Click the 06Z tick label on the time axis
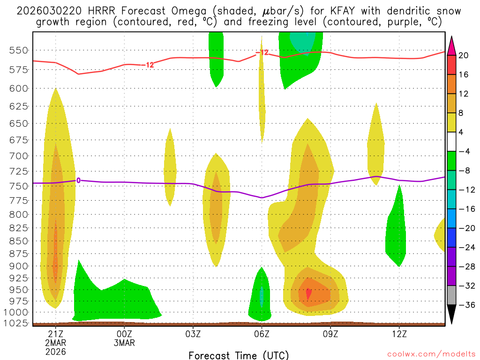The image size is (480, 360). pos(262,334)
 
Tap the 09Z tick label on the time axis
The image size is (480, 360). pos(330,334)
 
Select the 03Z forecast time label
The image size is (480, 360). pos(193,334)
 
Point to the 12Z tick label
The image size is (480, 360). pos(399,334)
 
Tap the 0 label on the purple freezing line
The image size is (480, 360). pos(78,180)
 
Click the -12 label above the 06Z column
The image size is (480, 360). pos(262,52)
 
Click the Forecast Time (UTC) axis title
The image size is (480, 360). pos(239,355)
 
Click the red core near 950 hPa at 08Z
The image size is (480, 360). pos(308,294)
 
